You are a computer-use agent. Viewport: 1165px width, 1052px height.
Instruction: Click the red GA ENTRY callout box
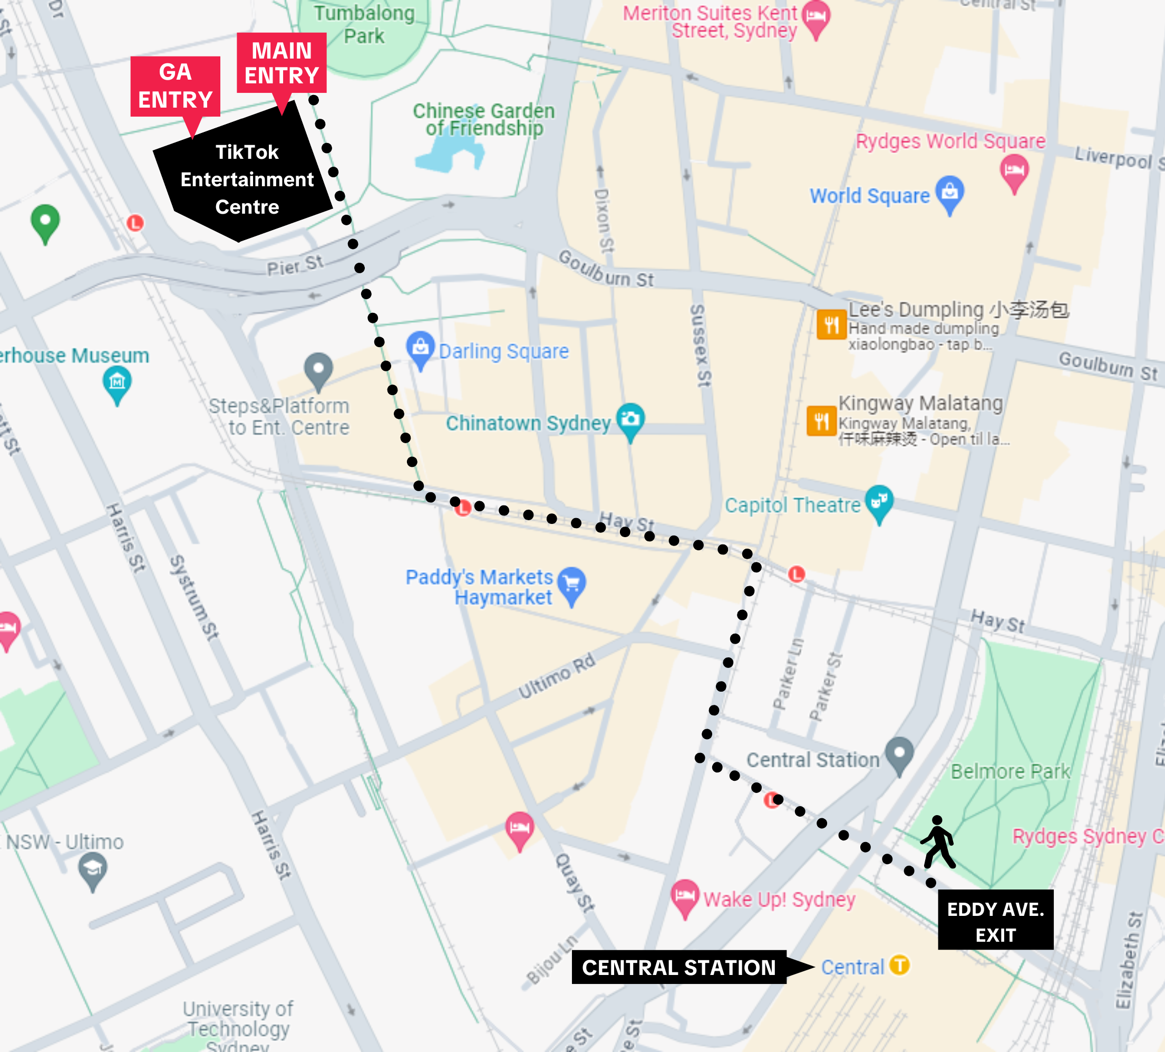pyautogui.click(x=175, y=86)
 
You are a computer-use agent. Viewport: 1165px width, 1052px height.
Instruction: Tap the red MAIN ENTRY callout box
pyautogui.click(x=281, y=62)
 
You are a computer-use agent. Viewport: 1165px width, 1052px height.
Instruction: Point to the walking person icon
pyautogui.click(x=938, y=842)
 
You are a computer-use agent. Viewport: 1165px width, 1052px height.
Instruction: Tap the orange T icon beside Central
pyautogui.click(x=899, y=965)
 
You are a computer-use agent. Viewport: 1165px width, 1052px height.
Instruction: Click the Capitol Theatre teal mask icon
pyautogui.click(x=879, y=501)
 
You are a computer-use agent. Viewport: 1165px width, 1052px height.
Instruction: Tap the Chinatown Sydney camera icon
pyautogui.click(x=630, y=418)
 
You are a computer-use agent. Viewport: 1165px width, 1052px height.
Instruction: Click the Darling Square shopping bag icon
pyautogui.click(x=421, y=347)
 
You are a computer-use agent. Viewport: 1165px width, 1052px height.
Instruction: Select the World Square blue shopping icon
pyautogui.click(x=949, y=192)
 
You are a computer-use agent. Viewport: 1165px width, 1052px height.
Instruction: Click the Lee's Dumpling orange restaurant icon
pyautogui.click(x=831, y=324)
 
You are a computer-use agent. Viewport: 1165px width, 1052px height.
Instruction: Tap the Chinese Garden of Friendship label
pyautogui.click(x=483, y=119)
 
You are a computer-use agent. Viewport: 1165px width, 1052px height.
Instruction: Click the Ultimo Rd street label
pyautogui.click(x=556, y=676)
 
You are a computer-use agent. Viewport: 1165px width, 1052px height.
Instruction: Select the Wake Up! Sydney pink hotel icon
pyautogui.click(x=684, y=895)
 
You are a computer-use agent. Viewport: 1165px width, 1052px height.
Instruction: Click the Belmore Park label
pyautogui.click(x=1009, y=771)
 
